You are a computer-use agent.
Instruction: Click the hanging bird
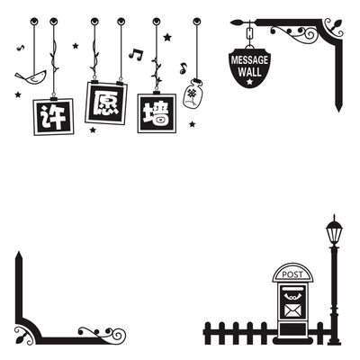31,77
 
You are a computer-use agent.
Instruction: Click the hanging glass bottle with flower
193,94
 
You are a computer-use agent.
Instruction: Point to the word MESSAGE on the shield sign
249,60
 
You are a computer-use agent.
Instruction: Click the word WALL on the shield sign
249,72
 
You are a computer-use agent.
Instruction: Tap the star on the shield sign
249,81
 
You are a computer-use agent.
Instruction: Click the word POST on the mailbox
292,274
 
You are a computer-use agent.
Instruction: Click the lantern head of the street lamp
334,231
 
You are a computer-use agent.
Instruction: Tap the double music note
136,54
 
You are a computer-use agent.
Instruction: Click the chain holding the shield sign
249,33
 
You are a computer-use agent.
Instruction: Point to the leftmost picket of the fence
207,333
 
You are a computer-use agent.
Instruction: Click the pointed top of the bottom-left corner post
19,252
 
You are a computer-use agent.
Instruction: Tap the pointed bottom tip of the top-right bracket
338,112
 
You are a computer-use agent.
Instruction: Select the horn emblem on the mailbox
292,296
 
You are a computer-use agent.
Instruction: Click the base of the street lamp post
334,341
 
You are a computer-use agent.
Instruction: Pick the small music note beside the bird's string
21,48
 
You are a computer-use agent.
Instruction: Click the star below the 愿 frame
93,130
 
